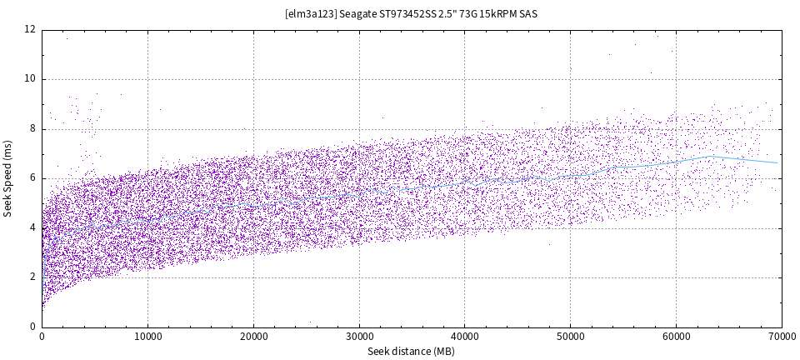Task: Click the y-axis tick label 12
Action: click(x=29, y=30)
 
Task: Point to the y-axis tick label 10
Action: click(x=29, y=79)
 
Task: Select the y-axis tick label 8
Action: click(x=32, y=129)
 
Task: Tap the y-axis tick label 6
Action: click(x=32, y=178)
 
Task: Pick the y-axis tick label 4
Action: click(x=32, y=228)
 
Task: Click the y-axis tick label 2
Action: click(x=32, y=277)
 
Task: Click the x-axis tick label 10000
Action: click(x=147, y=337)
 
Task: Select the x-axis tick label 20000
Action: click(x=253, y=337)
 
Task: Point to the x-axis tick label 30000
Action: click(x=359, y=337)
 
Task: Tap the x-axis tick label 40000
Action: click(x=465, y=337)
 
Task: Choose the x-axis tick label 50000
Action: click(x=570, y=337)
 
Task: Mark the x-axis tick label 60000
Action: click(x=676, y=337)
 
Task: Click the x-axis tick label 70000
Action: click(x=781, y=337)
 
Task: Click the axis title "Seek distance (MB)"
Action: click(x=412, y=352)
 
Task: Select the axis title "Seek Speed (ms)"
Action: click(x=8, y=178)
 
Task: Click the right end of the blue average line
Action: click(x=777, y=162)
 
